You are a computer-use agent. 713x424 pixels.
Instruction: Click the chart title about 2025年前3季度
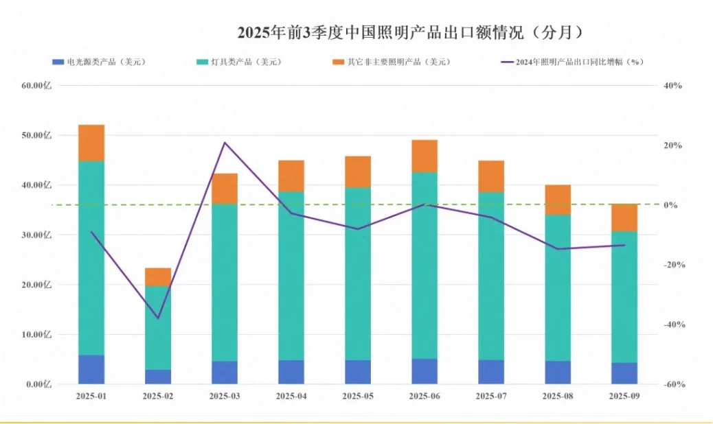(410, 32)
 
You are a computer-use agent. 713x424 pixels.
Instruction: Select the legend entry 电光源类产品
(99, 62)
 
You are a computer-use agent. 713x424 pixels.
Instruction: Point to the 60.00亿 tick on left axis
(37, 86)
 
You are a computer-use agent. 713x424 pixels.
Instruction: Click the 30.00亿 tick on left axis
(37, 235)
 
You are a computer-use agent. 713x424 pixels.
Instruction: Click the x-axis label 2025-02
(158, 397)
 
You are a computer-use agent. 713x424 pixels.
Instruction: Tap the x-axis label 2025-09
(624, 397)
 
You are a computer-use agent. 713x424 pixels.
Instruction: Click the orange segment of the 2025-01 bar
(91, 143)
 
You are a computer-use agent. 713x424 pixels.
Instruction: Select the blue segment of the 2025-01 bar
(91, 369)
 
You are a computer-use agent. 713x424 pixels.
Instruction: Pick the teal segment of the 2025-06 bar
(425, 264)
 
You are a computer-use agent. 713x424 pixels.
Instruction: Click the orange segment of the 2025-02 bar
(158, 276)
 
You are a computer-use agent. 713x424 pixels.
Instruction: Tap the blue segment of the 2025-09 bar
(624, 373)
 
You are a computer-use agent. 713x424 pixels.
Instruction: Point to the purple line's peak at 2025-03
(225, 143)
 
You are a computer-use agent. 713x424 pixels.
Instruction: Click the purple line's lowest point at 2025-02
(158, 318)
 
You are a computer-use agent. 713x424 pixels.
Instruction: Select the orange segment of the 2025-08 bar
(558, 200)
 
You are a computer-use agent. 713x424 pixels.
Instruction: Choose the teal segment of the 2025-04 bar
(291, 274)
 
